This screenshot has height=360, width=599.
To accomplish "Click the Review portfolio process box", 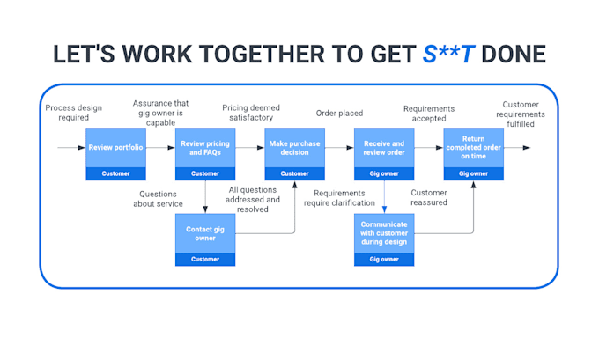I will coord(115,148).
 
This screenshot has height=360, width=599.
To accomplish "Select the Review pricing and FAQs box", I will coord(205,148).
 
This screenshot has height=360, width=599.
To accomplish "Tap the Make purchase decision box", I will coord(295,148).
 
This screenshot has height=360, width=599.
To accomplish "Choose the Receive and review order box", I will coord(384,148).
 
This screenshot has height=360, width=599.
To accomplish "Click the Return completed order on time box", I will coord(473,148).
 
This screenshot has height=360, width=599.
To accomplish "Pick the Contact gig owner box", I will coord(205,233).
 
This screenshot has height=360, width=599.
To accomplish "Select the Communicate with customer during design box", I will coord(384,233).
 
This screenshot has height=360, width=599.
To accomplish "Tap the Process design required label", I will coord(73,113).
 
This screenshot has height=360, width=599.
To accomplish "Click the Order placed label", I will coord(339,113).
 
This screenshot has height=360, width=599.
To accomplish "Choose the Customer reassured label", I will coord(429,198).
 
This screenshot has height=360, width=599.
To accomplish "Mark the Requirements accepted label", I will coord(429,113).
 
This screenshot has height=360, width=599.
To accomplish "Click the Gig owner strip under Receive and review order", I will coord(384,173).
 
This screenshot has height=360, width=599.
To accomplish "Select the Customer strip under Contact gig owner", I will coord(205,259).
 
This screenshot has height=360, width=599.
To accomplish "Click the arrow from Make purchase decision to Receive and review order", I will coord(339,148).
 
